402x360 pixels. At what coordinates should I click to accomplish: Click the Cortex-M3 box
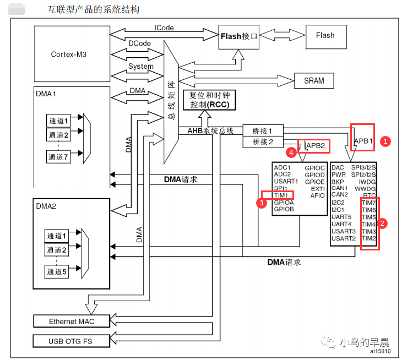click(68, 54)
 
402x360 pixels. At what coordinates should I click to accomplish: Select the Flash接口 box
click(239, 36)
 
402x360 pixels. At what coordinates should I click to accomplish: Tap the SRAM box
click(314, 80)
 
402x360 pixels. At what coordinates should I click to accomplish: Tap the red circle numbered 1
click(386, 140)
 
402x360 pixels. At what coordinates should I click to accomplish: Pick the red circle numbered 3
click(262, 203)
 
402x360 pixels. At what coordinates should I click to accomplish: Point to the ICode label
click(164, 28)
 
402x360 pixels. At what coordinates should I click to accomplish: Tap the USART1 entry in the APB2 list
click(286, 181)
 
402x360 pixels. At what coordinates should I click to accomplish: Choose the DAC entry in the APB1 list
click(338, 167)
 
